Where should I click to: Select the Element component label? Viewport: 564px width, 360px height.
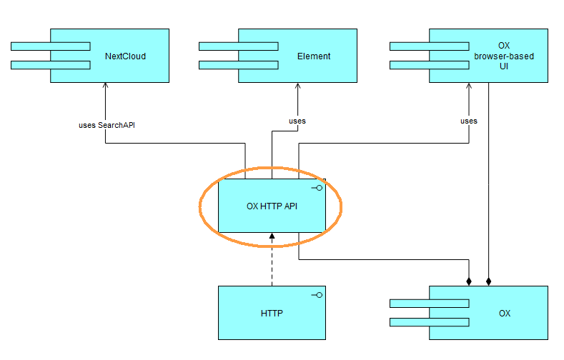pyautogui.click(x=314, y=56)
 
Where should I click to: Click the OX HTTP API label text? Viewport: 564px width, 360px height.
pyautogui.click(x=272, y=206)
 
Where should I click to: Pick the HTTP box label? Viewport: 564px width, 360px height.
pyautogui.click(x=272, y=313)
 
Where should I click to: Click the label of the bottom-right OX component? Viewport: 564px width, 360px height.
pyautogui.click(x=505, y=313)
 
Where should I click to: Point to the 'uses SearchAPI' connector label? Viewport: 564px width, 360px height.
pyautogui.click(x=107, y=125)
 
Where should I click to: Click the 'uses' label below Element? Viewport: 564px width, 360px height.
pyautogui.click(x=297, y=121)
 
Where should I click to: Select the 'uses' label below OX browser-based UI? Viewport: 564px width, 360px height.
pyautogui.click(x=468, y=121)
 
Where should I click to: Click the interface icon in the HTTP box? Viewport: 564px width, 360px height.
pyautogui.click(x=316, y=295)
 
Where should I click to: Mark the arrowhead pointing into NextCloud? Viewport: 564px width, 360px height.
pyautogui.click(x=106, y=86)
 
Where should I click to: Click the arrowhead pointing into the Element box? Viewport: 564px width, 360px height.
pyautogui.click(x=297, y=86)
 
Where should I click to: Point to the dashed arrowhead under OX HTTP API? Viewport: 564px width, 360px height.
pyautogui.click(x=272, y=236)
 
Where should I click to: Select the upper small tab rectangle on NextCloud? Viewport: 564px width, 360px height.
pyautogui.click(x=50, y=46)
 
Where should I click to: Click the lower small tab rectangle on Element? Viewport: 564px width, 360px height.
pyautogui.click(x=238, y=65)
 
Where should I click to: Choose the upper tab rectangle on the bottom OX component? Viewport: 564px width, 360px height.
pyautogui.click(x=429, y=303)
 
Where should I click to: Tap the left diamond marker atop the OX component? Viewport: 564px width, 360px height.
pyautogui.click(x=469, y=281)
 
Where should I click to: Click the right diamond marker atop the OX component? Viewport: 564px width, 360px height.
pyautogui.click(x=489, y=281)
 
